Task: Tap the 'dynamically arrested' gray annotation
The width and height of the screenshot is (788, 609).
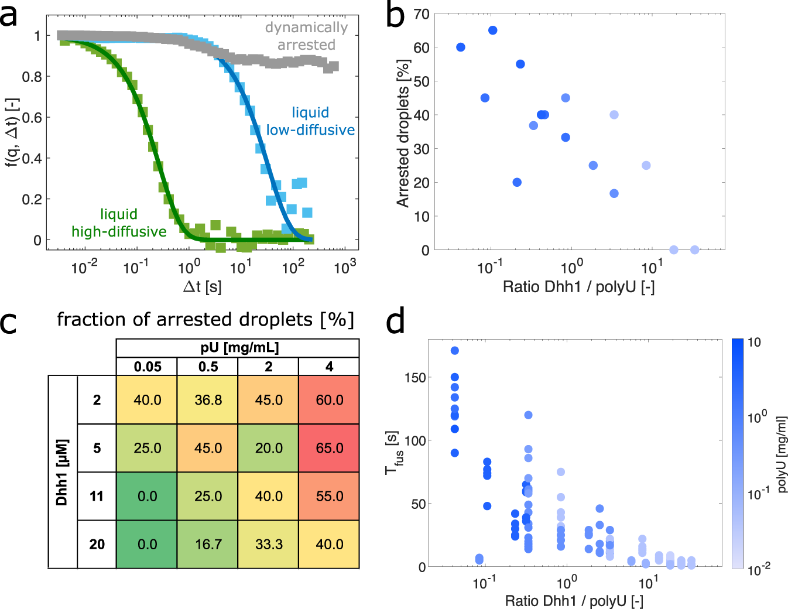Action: coord(306,36)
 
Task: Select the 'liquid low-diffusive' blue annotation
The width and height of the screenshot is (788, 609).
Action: coord(310,121)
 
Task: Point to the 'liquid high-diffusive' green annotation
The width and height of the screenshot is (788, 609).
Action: coord(119,223)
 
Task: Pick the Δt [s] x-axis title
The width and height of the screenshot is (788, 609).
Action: coord(202,287)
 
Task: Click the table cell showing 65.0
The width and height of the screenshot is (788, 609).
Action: coord(329,448)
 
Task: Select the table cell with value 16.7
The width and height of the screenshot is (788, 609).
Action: coord(208,544)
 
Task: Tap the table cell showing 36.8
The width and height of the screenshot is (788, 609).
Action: coord(208,400)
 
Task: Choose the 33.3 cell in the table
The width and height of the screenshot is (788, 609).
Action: coord(269,544)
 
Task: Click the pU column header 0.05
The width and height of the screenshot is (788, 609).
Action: coord(147,367)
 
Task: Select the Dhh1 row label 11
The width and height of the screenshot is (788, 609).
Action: coord(97,496)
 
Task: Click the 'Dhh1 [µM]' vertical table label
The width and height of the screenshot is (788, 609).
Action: coord(62,472)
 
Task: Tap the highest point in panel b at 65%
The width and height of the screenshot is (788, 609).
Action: coord(493,30)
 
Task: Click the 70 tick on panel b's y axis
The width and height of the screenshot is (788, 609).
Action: coord(422,14)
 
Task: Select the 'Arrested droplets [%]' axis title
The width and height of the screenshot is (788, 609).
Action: coord(403,133)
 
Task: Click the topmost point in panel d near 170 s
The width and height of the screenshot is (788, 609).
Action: coord(455,351)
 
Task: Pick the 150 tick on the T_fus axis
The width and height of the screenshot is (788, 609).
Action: coord(414,378)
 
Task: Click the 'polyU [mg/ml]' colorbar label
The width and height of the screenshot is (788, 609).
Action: coord(782,454)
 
